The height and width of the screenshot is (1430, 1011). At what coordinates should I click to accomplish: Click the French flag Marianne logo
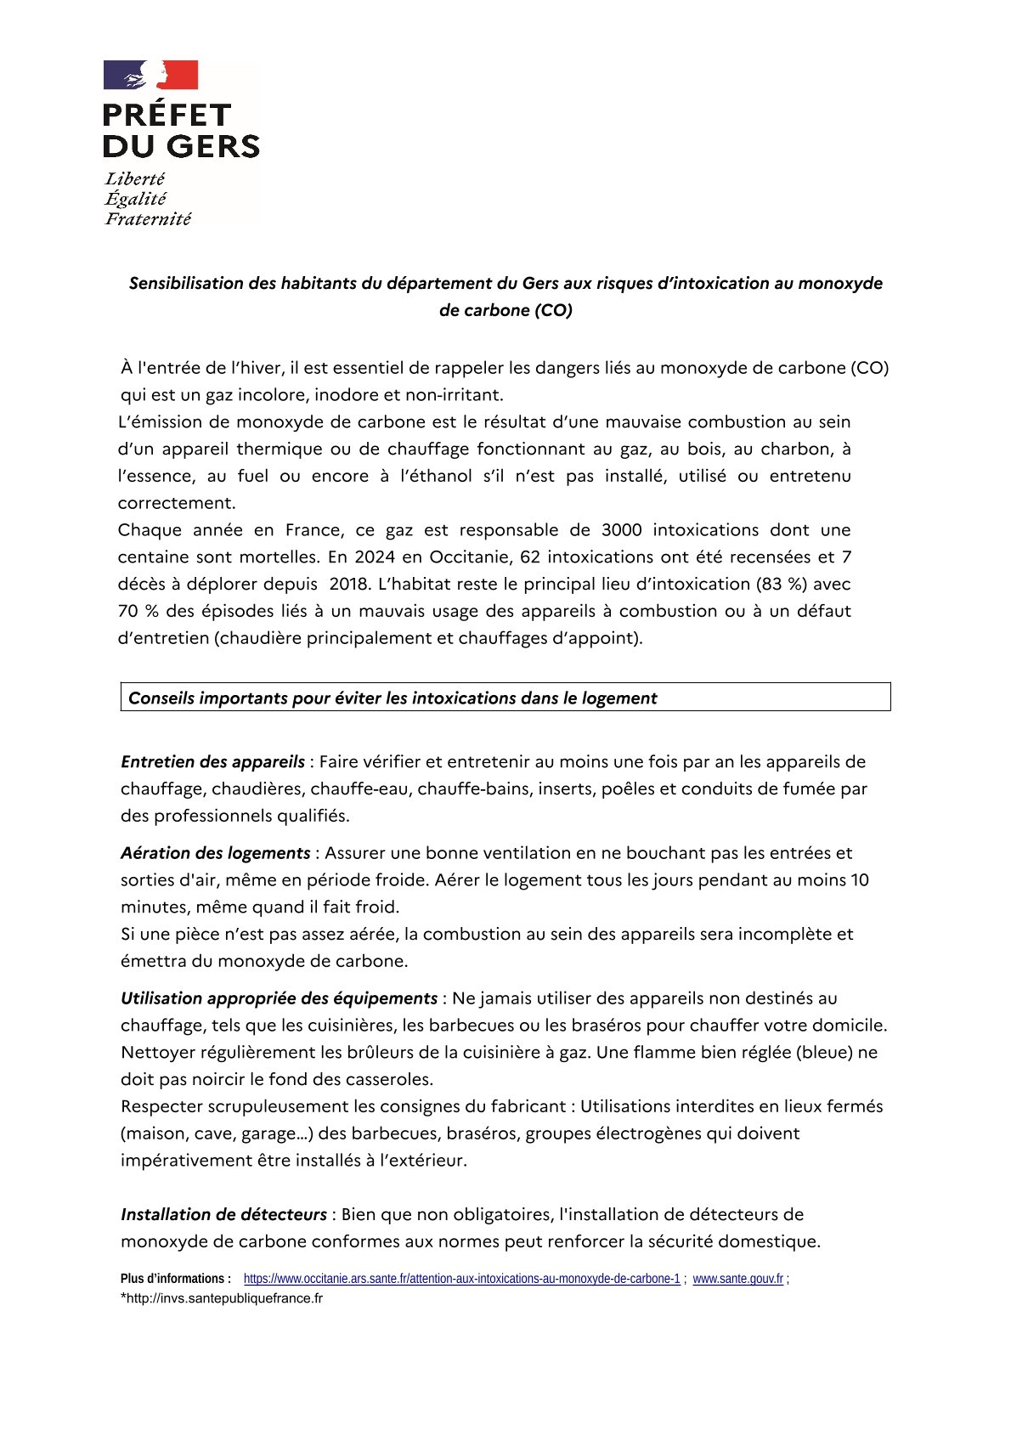tap(150, 75)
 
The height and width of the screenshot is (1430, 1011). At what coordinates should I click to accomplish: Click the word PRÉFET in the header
tap(167, 116)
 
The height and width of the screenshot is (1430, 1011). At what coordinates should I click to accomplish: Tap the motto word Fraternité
tap(148, 219)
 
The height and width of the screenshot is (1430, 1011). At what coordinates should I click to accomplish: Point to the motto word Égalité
tap(136, 199)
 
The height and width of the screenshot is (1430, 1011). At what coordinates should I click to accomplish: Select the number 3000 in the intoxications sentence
tap(622, 530)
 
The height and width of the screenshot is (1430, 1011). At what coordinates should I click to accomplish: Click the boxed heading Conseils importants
tap(393, 698)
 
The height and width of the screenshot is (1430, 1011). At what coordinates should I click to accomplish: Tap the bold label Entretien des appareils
tap(212, 761)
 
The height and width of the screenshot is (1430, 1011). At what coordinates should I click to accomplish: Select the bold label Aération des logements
tap(216, 852)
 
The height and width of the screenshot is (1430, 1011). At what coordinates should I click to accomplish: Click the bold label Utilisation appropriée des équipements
tap(279, 998)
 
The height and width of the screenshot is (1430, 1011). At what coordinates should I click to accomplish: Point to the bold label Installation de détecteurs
tap(223, 1214)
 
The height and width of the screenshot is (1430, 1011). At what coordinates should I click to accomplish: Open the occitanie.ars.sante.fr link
tap(461, 1279)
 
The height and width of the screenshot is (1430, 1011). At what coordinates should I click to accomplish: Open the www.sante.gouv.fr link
tap(737, 1279)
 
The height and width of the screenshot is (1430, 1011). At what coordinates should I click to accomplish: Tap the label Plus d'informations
tap(175, 1279)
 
